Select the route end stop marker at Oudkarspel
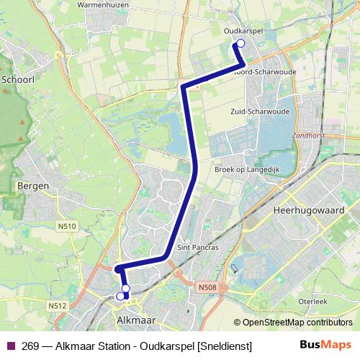[240, 44]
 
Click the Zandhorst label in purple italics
[310, 135]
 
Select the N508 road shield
[206, 287]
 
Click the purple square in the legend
[10, 346]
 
